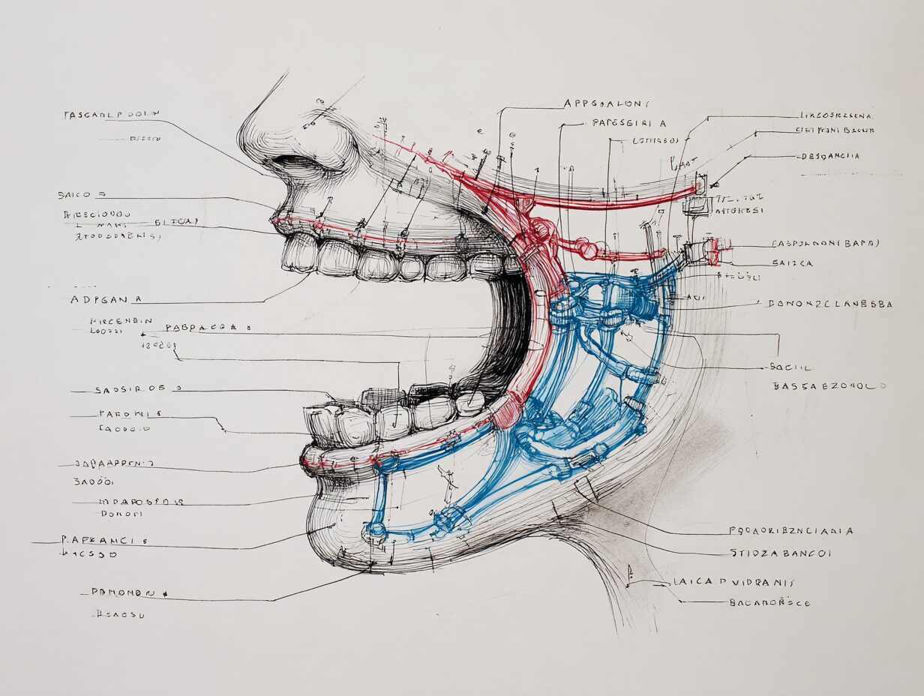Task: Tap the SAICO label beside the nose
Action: click(x=82, y=194)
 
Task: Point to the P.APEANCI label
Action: click(x=105, y=539)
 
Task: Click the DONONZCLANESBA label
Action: click(x=829, y=304)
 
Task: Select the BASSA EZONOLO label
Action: click(x=829, y=385)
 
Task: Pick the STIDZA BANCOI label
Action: click(x=780, y=553)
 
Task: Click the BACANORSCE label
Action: click(x=769, y=601)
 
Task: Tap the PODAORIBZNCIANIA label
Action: click(x=790, y=530)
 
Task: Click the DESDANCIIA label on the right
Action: click(x=830, y=156)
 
